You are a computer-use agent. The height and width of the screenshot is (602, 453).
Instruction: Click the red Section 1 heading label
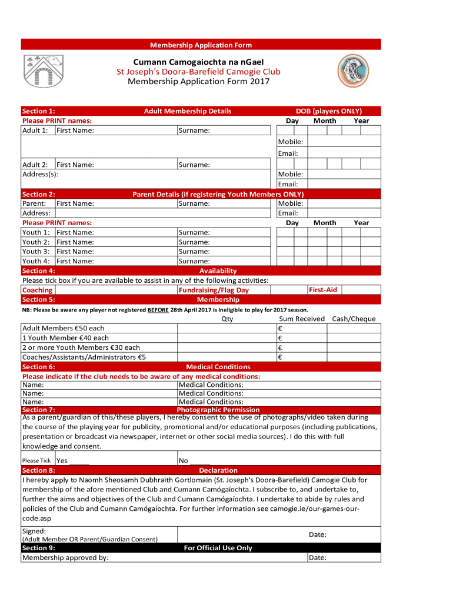point(38,111)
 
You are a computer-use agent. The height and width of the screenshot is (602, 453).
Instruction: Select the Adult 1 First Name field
point(75,130)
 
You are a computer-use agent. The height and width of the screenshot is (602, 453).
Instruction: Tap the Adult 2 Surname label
point(194,165)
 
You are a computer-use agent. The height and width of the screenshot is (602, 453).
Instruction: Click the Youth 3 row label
point(36,252)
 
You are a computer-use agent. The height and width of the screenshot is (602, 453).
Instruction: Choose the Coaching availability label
point(37,290)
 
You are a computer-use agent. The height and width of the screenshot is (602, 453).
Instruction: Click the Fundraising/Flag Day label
point(214,290)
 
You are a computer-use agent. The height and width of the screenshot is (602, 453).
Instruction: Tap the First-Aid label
point(323,290)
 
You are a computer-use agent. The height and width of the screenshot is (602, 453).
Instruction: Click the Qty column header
point(227,319)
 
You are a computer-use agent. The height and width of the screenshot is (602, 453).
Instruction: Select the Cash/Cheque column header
point(354,319)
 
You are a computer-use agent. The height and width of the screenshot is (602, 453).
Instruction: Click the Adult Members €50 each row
point(63,328)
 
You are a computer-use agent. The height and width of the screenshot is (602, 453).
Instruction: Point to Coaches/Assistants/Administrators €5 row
point(84,356)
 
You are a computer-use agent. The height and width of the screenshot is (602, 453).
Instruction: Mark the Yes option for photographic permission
point(72,461)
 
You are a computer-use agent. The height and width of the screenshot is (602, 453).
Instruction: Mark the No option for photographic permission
point(194,461)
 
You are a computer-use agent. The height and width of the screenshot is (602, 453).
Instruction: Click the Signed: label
point(34,531)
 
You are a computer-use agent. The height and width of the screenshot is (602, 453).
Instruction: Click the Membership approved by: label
point(65,557)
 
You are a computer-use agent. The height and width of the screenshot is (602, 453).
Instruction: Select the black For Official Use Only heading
point(218,548)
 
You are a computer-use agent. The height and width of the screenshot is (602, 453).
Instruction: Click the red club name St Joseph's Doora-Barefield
point(198,72)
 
